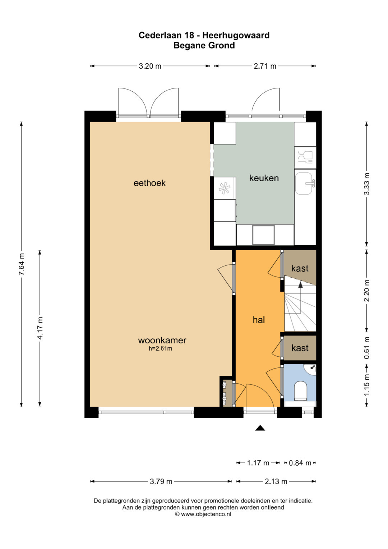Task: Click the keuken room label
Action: click(x=264, y=178)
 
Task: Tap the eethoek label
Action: click(x=149, y=183)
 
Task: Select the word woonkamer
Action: click(x=162, y=340)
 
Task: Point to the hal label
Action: click(x=259, y=320)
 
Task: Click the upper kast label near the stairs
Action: click(x=300, y=268)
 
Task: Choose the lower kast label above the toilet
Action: click(x=300, y=348)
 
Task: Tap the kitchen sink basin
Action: click(x=304, y=183)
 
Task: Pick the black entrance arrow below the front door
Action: click(x=260, y=428)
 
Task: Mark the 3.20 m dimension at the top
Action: click(x=150, y=66)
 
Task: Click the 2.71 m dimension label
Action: click(x=265, y=66)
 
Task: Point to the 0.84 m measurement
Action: click(x=300, y=463)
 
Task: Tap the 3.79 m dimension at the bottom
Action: click(x=161, y=482)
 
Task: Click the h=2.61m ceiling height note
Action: click(x=160, y=348)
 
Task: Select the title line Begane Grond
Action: click(x=204, y=46)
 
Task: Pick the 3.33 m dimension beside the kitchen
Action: click(x=366, y=184)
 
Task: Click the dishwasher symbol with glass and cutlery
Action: click(x=305, y=157)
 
